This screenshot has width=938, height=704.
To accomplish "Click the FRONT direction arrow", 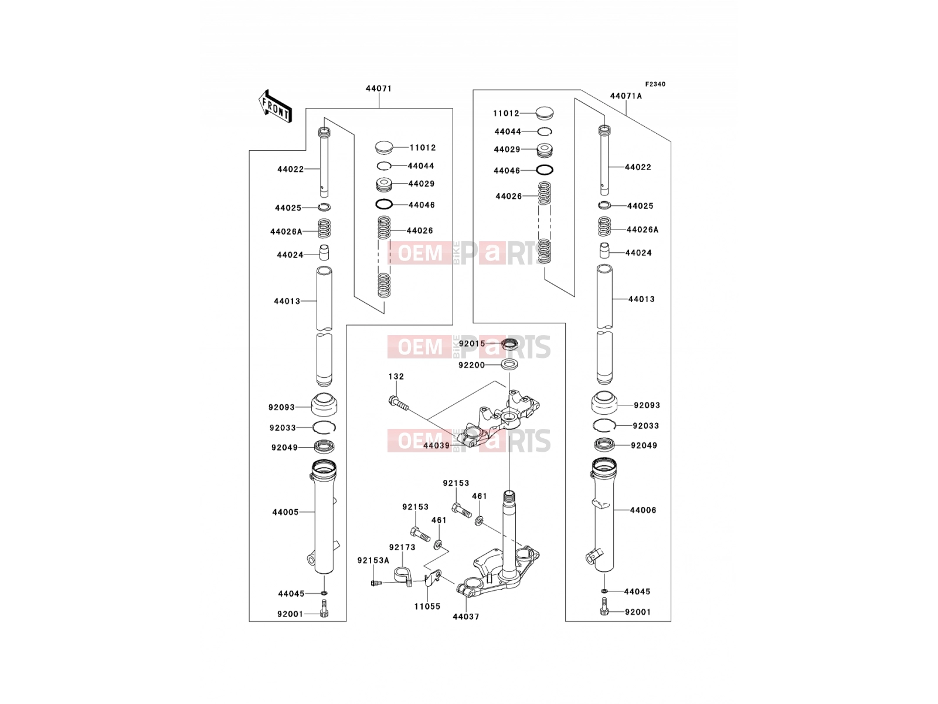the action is [275, 106].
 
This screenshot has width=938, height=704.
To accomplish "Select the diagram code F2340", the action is [655, 84].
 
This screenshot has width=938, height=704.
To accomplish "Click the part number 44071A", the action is [626, 96].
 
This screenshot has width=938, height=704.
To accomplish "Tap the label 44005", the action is [286, 512].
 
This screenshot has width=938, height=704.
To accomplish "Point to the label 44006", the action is [643, 510].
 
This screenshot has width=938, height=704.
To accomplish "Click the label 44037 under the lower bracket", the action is [466, 617].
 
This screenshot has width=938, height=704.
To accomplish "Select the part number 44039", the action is [437, 446].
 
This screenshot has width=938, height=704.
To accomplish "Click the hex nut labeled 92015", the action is [509, 344].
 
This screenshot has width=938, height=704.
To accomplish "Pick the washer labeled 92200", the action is [509, 364].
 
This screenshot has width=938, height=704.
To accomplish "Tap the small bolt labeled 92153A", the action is [376, 583].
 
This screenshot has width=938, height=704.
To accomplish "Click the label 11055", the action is [427, 606].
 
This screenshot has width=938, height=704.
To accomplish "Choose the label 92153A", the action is [373, 560].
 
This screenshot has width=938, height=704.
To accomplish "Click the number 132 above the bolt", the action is [396, 377].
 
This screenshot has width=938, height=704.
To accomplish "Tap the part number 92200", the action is [472, 365].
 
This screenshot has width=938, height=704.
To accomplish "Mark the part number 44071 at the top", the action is [379, 89].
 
